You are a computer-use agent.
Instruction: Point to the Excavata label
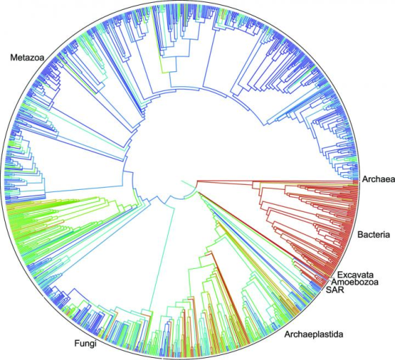click(x=356, y=273)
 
